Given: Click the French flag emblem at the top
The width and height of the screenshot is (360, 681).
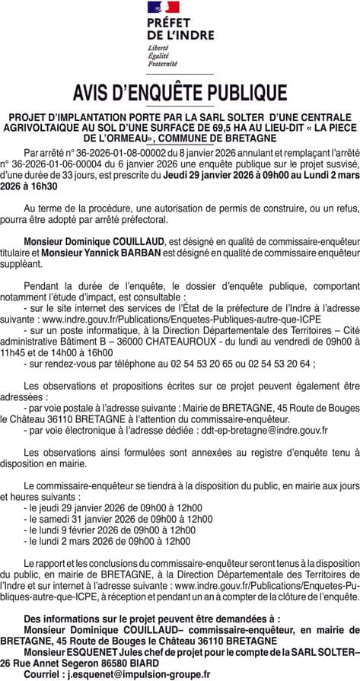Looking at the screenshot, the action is [163, 7].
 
